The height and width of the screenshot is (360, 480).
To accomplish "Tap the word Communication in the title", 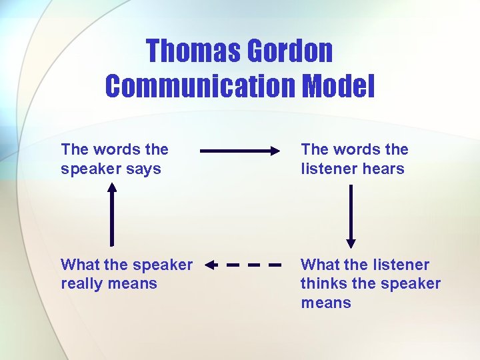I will point(200,86).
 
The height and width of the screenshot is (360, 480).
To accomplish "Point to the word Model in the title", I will point(338,86).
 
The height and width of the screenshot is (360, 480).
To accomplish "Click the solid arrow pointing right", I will point(240,151).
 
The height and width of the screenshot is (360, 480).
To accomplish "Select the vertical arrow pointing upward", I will point(112,213).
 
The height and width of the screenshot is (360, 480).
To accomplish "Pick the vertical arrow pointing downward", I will point(351,215).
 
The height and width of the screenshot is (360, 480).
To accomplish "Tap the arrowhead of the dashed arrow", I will point(210,265).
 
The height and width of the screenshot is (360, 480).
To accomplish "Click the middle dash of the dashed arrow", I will point(253,265).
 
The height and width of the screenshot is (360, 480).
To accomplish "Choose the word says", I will point(144,169).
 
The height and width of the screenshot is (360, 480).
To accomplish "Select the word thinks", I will point(323,283).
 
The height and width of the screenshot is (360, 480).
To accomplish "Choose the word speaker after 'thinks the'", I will point(410,283).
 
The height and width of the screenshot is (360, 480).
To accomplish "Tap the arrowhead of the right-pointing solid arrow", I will point(276,151).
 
